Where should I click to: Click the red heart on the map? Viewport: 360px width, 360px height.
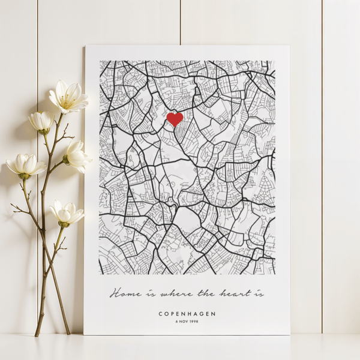click(175, 119)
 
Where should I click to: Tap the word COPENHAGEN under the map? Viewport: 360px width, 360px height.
click(187, 314)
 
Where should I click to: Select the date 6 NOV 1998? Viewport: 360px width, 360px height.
click(187, 322)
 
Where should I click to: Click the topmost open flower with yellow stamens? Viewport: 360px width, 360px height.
click(68, 97)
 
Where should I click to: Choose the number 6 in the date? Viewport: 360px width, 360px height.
click(177, 322)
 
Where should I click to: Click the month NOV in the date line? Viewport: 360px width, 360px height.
click(184, 322)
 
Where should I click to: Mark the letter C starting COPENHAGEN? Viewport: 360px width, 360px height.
click(161, 314)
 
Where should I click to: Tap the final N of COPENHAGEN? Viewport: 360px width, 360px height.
click(214, 314)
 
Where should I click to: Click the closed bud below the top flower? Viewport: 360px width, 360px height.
click(42, 122)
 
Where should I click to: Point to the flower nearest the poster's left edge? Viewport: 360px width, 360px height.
click(77, 155)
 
